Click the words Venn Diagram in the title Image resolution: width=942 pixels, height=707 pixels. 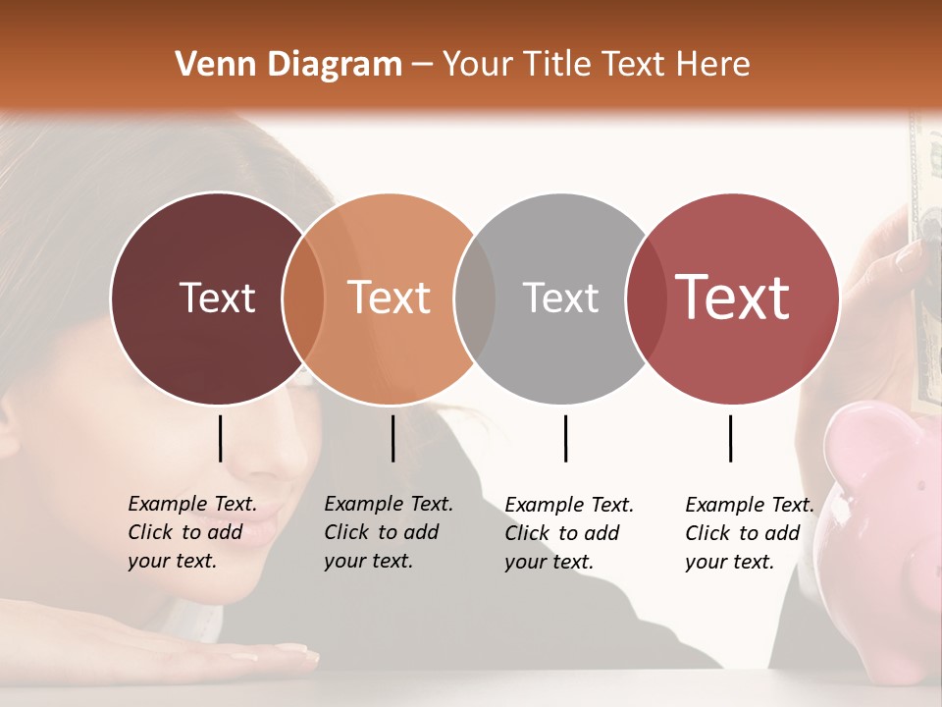point(288,65)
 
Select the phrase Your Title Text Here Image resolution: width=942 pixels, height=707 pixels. point(597,65)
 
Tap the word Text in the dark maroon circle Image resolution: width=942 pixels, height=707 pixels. point(217,298)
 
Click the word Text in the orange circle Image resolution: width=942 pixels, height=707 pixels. point(389,298)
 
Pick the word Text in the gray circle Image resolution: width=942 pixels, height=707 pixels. point(560,298)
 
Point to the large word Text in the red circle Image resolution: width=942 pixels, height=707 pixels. point(733,298)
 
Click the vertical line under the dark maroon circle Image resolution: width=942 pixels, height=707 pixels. point(220,438)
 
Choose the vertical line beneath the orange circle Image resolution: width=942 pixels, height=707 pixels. point(392,438)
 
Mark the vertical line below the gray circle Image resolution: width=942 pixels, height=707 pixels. point(565,438)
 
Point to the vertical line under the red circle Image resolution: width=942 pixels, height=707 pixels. point(730,438)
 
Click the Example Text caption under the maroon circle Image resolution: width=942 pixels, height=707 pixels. point(191,532)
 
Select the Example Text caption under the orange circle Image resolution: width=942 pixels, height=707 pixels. point(388,532)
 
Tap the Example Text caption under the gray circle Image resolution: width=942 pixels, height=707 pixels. point(568,533)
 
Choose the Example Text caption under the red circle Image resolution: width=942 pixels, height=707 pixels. point(749,533)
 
